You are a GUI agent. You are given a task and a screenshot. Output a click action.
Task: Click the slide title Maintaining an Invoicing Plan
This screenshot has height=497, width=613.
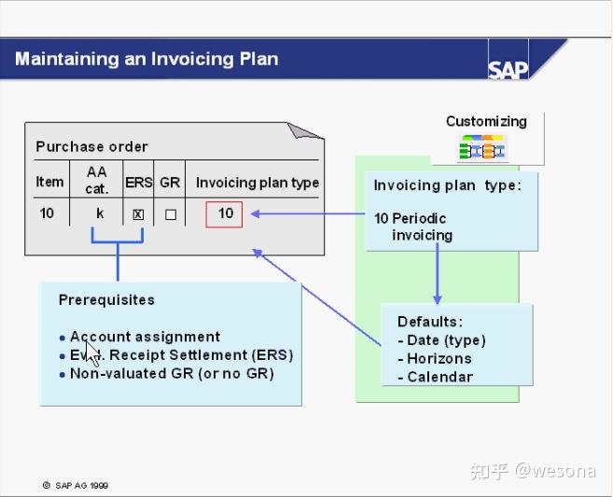(x=146, y=60)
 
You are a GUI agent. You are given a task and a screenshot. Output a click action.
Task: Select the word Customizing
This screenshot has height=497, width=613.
(x=485, y=121)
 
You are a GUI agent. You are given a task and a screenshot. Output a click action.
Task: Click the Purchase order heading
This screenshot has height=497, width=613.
(x=91, y=146)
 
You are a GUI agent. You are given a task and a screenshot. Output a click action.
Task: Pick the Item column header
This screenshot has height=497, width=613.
(x=49, y=182)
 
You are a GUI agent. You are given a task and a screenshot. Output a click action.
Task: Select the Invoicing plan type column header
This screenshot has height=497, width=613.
(x=257, y=183)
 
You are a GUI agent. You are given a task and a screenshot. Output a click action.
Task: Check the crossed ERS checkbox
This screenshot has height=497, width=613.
(x=138, y=214)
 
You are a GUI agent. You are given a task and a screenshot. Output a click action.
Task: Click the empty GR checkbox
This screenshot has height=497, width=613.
(x=170, y=214)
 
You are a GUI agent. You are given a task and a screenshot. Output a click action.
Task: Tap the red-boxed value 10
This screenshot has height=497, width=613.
(x=226, y=214)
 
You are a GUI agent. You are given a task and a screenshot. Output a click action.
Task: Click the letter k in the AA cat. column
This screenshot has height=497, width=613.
(x=99, y=214)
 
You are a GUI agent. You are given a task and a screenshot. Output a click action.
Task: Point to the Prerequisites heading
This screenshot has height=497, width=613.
(x=106, y=300)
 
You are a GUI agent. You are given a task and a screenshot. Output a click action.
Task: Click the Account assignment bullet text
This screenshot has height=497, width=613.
(x=145, y=337)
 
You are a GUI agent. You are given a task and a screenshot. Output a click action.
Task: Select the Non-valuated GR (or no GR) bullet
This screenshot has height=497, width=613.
(x=172, y=374)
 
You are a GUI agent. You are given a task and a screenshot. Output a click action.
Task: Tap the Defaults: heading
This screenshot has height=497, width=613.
(x=429, y=322)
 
